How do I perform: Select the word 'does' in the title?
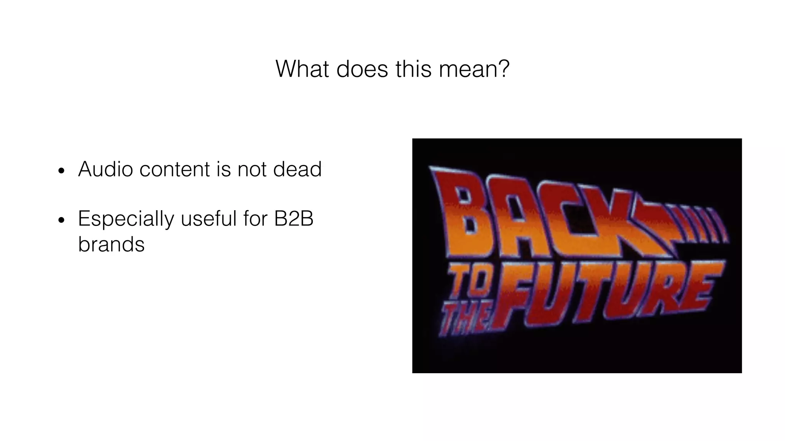tap(362, 69)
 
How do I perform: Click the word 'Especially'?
tap(126, 219)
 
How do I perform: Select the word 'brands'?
tap(111, 244)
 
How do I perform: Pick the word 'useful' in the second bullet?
tap(209, 219)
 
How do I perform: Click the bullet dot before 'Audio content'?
tap(61, 171)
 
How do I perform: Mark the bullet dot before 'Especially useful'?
tap(61, 220)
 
